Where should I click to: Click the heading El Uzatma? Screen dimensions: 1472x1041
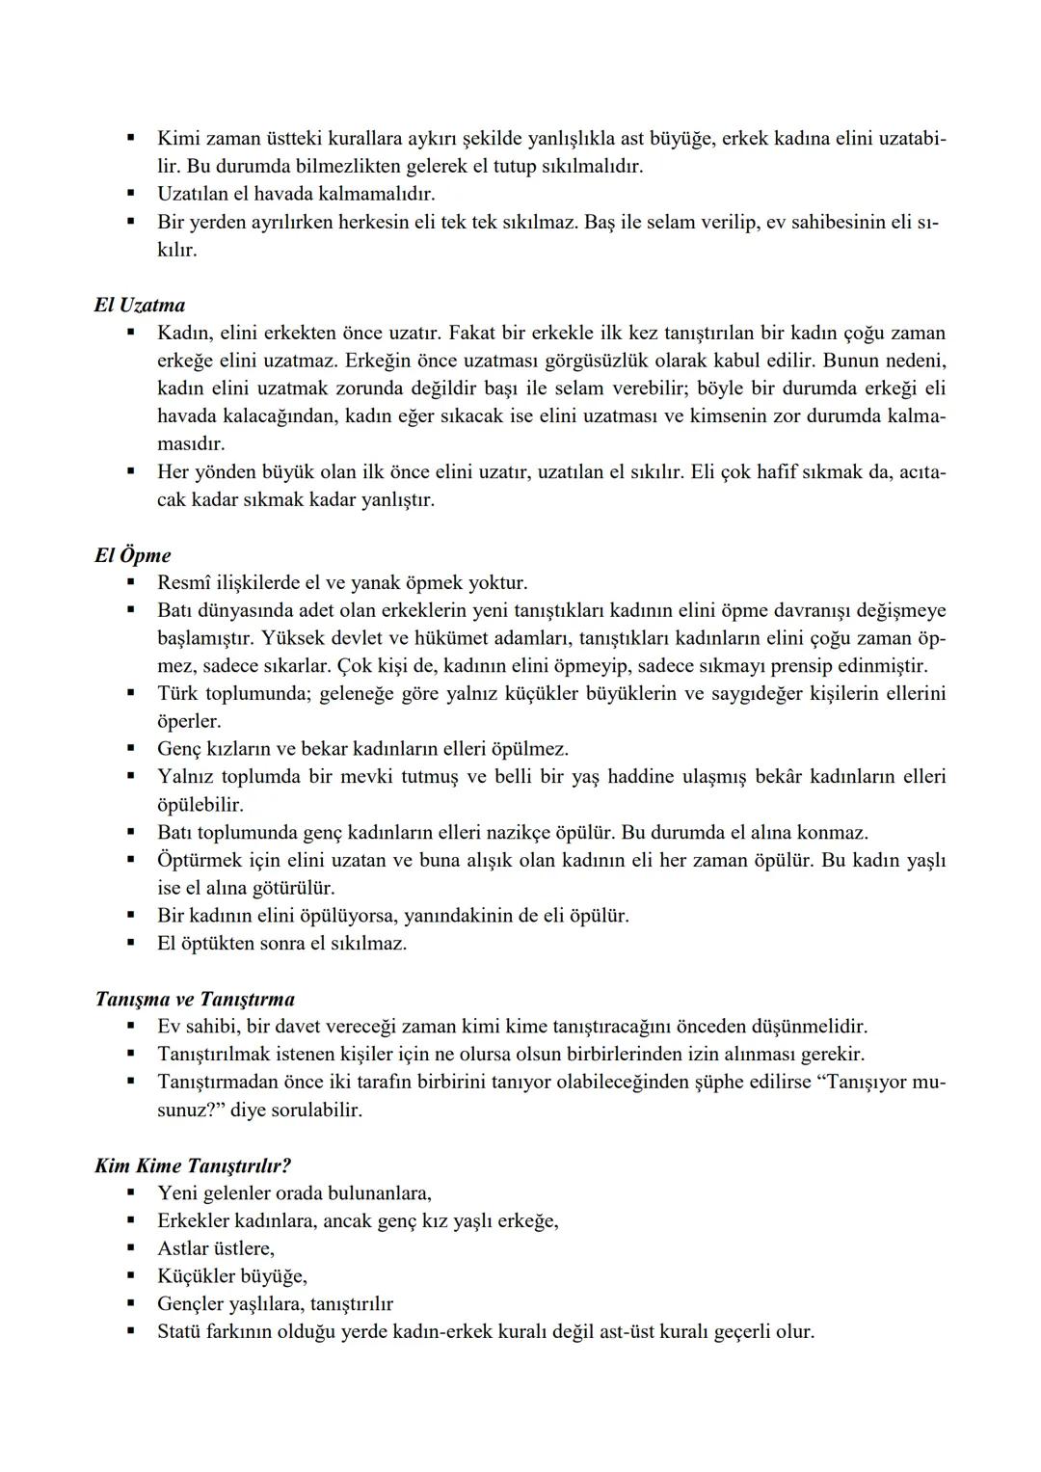(140, 306)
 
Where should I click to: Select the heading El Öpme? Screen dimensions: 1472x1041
(133, 555)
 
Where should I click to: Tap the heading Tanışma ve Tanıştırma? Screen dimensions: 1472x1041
(195, 999)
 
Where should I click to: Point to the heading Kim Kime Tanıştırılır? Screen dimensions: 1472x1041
(193, 1165)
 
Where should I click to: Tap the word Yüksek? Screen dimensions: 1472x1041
(299, 638)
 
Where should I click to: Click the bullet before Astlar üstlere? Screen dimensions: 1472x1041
(130, 1248)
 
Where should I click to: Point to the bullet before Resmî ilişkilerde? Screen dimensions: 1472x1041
(130, 582)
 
